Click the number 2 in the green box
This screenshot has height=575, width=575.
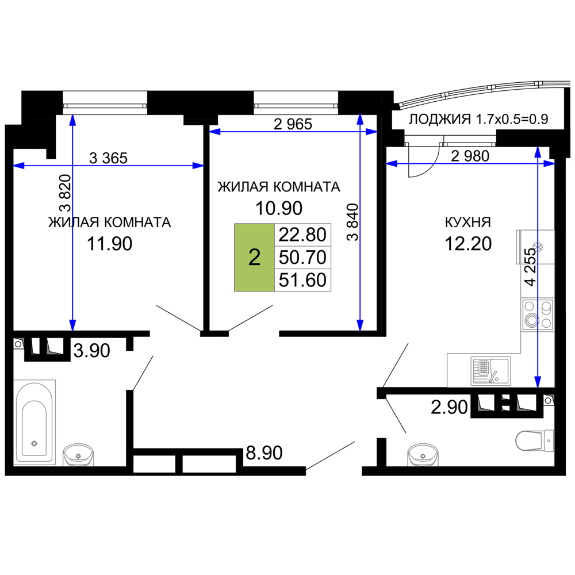click(x=254, y=258)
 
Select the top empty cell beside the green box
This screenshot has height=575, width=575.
click(x=303, y=235)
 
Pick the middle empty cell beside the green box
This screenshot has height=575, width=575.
click(x=303, y=258)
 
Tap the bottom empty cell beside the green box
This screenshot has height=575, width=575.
click(x=303, y=280)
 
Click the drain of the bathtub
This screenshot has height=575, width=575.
click(x=34, y=443)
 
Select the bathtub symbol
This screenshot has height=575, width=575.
click(x=35, y=421)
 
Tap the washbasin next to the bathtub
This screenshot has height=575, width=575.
click(x=78, y=454)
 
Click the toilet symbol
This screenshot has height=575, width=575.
click(x=534, y=440)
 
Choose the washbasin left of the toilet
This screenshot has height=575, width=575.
click(x=423, y=454)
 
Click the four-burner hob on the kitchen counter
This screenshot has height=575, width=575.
click(x=538, y=315)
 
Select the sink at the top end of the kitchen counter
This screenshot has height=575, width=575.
click(x=535, y=247)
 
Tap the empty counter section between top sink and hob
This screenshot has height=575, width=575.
click(x=538, y=280)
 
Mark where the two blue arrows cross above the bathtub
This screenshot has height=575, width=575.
click(x=72, y=166)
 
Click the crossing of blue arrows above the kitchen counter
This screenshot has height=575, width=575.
click(x=538, y=164)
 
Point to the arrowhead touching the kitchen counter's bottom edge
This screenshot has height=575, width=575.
click(x=538, y=381)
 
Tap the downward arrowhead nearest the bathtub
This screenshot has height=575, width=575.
click(x=72, y=324)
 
